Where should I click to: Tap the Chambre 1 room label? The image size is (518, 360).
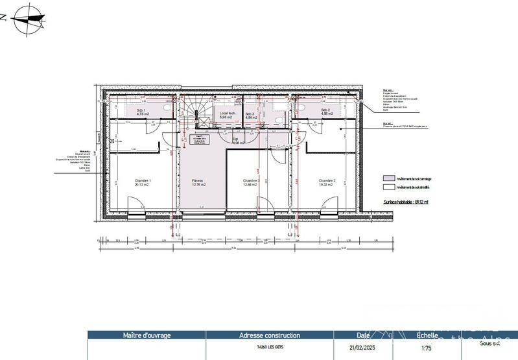[x=143, y=182]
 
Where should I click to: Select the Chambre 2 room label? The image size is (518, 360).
[x=326, y=182]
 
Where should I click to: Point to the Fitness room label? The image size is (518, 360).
[x=198, y=182]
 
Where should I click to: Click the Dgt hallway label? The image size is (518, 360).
[x=236, y=140]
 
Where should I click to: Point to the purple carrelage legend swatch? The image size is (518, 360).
[x=388, y=178]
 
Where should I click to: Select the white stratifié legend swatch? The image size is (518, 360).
[x=388, y=186]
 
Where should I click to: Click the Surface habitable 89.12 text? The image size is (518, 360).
[x=406, y=202]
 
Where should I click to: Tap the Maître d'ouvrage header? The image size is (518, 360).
[x=147, y=335]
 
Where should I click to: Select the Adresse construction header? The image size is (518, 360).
[x=270, y=335]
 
